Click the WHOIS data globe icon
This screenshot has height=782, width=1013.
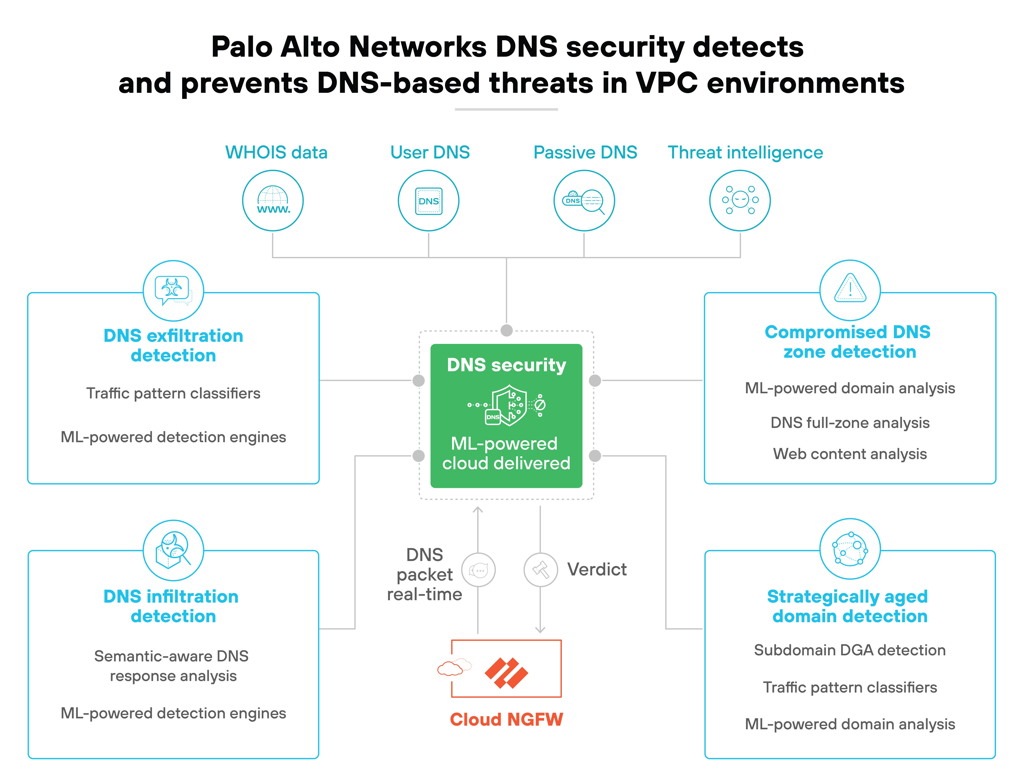click(x=273, y=200)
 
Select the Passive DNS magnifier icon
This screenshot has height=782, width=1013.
click(x=584, y=200)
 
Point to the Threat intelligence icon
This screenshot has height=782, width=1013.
click(x=740, y=200)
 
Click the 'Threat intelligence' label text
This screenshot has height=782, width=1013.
click(x=745, y=153)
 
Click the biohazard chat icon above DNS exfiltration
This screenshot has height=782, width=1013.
click(x=173, y=290)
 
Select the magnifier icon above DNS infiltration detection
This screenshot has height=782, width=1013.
click(x=173, y=550)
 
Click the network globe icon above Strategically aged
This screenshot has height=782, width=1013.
click(x=850, y=549)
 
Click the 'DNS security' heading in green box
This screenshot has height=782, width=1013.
click(x=506, y=365)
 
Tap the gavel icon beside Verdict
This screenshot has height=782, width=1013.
click(x=540, y=570)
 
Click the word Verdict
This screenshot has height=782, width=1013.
click(x=596, y=570)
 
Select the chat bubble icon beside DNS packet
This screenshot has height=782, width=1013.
click(x=478, y=570)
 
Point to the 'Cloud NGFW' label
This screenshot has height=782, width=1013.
click(x=506, y=719)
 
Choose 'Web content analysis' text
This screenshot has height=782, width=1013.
click(x=850, y=454)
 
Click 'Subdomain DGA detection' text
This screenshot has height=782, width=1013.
click(x=850, y=650)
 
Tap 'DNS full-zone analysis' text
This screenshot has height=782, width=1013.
click(x=850, y=422)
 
